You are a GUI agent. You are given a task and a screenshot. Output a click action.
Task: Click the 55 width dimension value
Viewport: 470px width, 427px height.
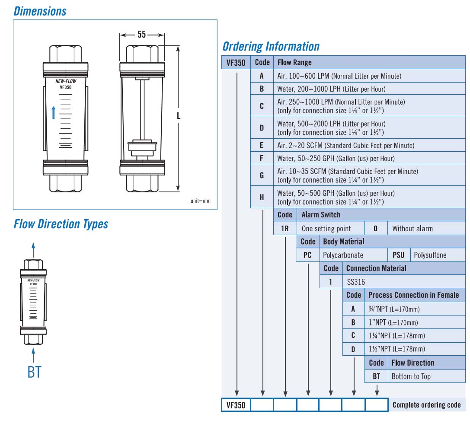[142, 35]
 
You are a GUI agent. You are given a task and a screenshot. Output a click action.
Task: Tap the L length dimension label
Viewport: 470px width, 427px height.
[179, 116]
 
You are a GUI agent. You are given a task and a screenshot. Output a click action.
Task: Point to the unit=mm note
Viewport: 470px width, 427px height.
[201, 201]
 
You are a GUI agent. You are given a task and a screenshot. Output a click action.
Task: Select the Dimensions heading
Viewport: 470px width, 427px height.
[40, 11]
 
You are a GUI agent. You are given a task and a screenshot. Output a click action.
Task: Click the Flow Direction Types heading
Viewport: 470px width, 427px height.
[61, 224]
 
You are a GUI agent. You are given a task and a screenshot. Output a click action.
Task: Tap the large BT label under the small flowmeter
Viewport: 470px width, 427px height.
[34, 372]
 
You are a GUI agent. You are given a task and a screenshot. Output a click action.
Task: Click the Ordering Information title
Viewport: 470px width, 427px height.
[271, 47]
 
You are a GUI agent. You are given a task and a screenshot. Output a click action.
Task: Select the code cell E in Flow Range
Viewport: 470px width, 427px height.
[262, 145]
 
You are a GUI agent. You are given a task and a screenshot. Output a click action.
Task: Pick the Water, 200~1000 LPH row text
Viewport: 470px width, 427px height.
[331, 89]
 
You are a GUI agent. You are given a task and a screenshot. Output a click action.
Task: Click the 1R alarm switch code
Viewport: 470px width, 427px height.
[285, 228]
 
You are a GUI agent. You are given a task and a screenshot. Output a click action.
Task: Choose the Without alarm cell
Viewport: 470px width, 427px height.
[412, 228]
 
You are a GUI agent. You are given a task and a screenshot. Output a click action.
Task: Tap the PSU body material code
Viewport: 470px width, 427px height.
[398, 255]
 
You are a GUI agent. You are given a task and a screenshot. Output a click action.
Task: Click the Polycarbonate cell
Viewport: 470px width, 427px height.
[343, 255]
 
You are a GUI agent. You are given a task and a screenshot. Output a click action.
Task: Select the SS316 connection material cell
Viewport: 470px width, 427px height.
[356, 282]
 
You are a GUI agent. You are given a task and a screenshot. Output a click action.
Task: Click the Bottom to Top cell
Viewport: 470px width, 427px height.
[411, 376]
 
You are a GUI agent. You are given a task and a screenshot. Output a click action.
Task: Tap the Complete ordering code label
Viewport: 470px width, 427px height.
[426, 405]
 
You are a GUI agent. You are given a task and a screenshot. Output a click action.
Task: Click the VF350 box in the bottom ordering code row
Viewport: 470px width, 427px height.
[236, 405]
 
